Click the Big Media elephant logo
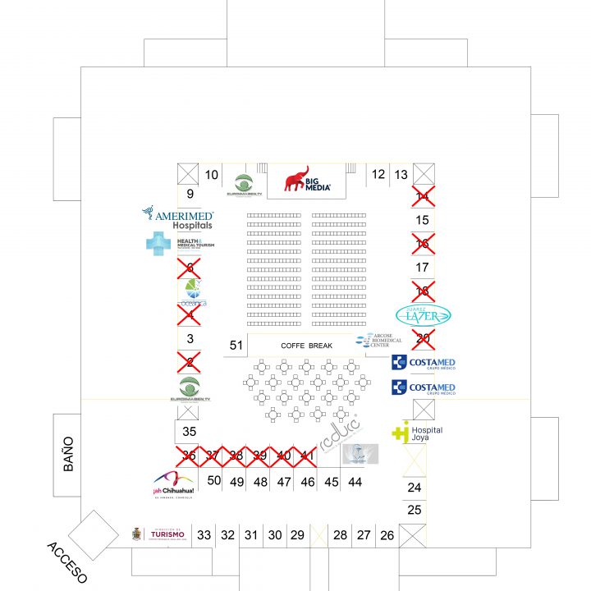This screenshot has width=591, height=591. point(308,180)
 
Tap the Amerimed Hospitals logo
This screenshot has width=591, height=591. point(179,218)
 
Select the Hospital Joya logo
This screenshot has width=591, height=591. point(417,433)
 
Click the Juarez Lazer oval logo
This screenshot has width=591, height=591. point(424,315)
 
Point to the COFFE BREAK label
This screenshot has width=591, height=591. point(306,346)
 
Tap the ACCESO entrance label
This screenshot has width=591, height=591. point(66,562)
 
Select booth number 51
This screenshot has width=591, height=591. point(236,346)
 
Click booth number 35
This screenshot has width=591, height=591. point(190,432)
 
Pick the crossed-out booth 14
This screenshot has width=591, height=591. point(423,196)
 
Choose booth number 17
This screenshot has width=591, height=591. point(423,268)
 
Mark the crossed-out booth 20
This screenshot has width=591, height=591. point(423,337)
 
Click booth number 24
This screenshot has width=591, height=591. point(415,488)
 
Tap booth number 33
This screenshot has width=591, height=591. point(204,535)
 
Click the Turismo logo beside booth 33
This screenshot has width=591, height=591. point(161,534)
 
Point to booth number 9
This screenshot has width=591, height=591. point(190,195)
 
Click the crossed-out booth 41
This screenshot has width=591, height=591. point(307,456)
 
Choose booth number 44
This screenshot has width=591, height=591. point(355,482)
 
